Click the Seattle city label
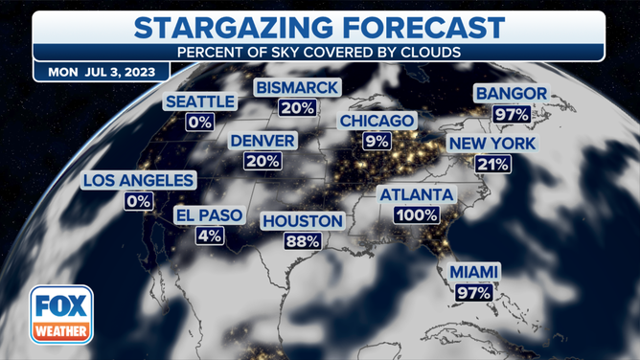200,101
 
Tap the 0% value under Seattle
199,123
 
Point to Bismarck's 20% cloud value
297,108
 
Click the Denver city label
263,141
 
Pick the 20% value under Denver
263,161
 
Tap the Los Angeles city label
139,180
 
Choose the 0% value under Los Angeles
139,201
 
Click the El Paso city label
210,215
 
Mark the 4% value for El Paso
210,236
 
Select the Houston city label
302,221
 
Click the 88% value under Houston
302,241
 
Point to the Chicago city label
377,122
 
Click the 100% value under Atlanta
416,215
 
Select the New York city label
497,144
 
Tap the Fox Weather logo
61,316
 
